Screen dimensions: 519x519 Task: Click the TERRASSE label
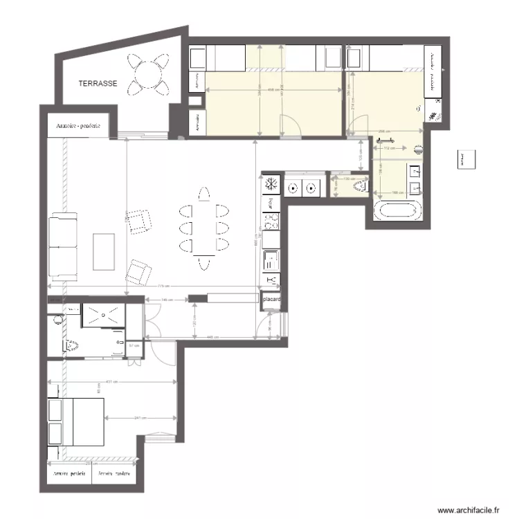pos(98,83)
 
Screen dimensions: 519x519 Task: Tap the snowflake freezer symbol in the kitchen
pos(271,185)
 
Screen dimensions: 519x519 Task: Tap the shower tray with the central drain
pos(104,315)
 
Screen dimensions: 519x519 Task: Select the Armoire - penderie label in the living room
pos(78,127)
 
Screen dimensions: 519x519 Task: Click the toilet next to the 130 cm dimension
pos(358,185)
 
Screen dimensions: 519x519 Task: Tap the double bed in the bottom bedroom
pos(76,421)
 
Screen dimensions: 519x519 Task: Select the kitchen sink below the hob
pos(271,259)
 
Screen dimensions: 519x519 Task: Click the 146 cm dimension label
pos(166,300)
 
